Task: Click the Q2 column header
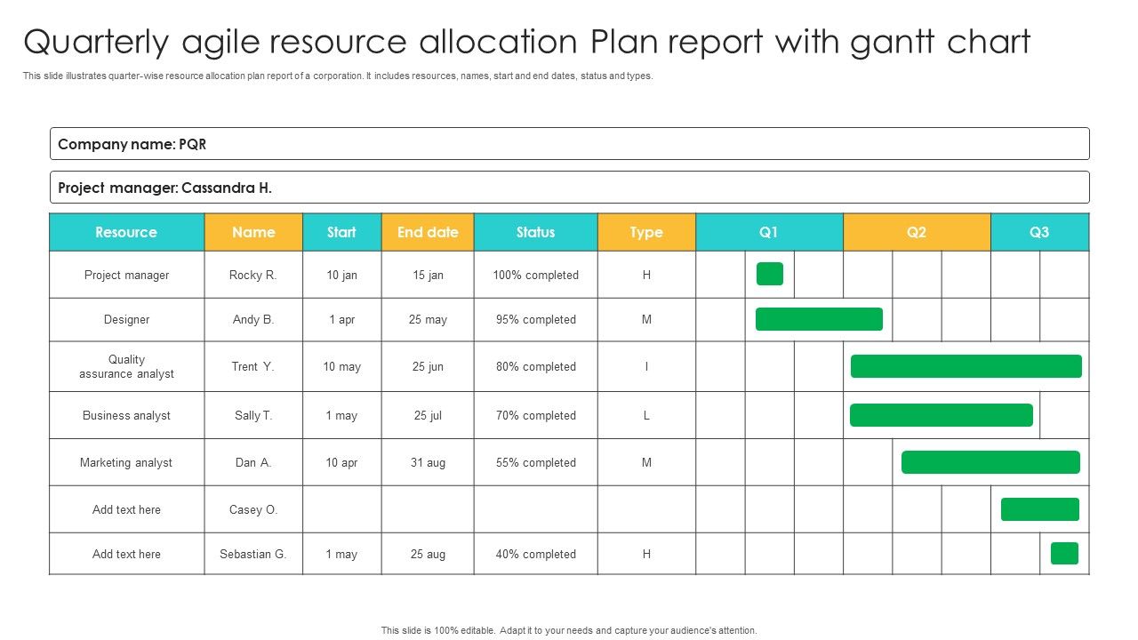coord(916,232)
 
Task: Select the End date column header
coord(428,232)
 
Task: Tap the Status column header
coord(535,232)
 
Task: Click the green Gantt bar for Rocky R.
coord(769,274)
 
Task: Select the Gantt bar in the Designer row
coord(819,319)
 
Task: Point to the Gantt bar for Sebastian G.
coord(1064,553)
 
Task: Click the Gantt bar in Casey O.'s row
coord(1039,509)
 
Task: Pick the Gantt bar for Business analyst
coord(941,415)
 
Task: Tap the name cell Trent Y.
coord(253,366)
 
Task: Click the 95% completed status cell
coord(535,319)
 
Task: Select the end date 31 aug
coord(428,462)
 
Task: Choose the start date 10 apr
coord(341,462)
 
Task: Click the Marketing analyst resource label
coord(126,462)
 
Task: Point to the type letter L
coord(646,415)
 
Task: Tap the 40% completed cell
coord(535,554)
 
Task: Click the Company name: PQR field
coord(569,144)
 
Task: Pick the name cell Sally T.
coord(253,415)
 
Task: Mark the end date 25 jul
coord(428,415)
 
